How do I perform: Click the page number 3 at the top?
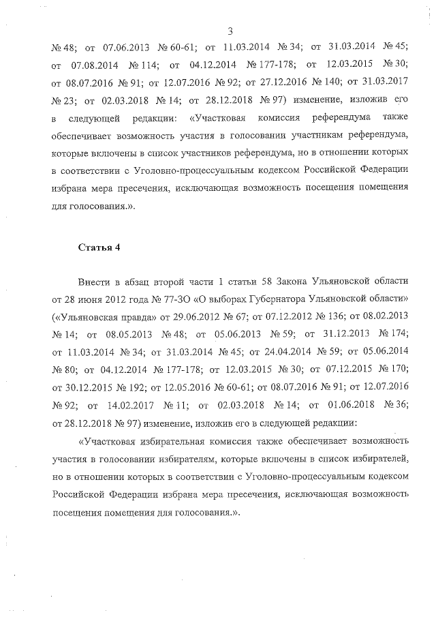230,31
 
